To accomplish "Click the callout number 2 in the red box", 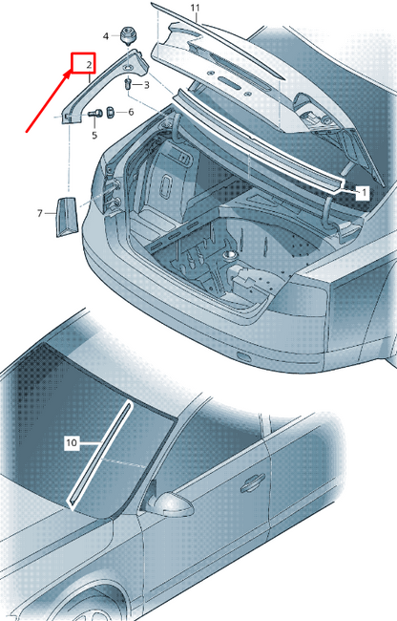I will (89, 65).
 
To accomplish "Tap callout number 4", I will (106, 35).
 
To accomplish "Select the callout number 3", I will (146, 86).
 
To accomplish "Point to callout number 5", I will (94, 136).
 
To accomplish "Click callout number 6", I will (131, 113).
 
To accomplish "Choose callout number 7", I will (40, 214).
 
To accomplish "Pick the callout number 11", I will (195, 10).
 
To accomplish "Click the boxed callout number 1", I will (364, 191).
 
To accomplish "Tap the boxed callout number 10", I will (71, 442).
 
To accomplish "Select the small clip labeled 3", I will (129, 85).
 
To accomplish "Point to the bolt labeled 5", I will (96, 115).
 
